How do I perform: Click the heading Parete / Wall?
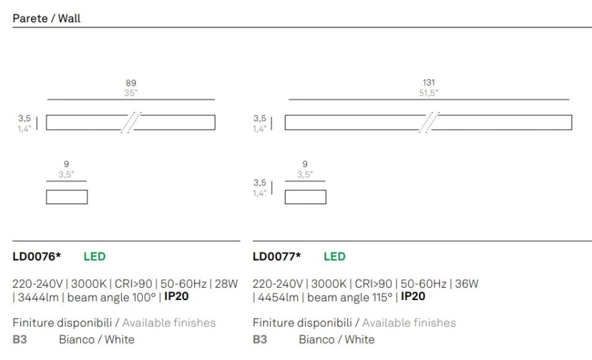47,18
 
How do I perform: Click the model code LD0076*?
37,257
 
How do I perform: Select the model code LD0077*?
277,257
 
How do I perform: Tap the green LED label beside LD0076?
94,257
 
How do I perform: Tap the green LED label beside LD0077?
335,257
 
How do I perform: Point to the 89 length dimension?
131,83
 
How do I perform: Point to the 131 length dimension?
428,82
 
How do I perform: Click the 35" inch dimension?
131,93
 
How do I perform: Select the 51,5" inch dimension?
428,93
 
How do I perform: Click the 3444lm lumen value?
38,297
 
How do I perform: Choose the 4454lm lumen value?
278,297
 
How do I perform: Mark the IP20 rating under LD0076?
176,296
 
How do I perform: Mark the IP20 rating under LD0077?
413,296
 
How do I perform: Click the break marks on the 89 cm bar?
131,122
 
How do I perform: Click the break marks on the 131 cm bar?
430,122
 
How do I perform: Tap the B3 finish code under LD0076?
20,339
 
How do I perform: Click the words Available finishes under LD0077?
409,322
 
